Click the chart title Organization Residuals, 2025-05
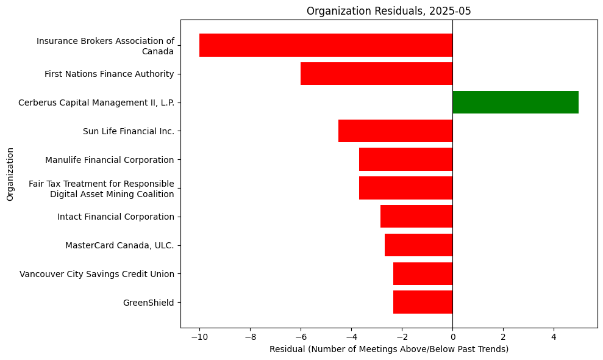pyautogui.click(x=388, y=11)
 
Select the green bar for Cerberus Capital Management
pyautogui.click(x=515, y=102)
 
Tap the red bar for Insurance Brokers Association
pyautogui.click(x=326, y=45)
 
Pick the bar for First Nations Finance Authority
pyautogui.click(x=376, y=74)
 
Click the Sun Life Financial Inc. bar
pyautogui.click(x=395, y=131)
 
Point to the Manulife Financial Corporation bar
pyautogui.click(x=405, y=159)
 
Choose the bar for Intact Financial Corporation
pyautogui.click(x=416, y=217)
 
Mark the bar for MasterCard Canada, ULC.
pyautogui.click(x=418, y=245)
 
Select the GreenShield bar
pyautogui.click(x=423, y=302)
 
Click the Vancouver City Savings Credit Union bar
pyautogui.click(x=423, y=273)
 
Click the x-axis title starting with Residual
pyautogui.click(x=388, y=349)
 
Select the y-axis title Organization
pyautogui.click(x=10, y=173)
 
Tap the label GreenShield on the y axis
pyautogui.click(x=148, y=303)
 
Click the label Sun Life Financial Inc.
pyautogui.click(x=128, y=131)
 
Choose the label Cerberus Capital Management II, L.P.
pyautogui.click(x=96, y=103)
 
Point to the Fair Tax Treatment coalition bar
pyautogui.click(x=405, y=188)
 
